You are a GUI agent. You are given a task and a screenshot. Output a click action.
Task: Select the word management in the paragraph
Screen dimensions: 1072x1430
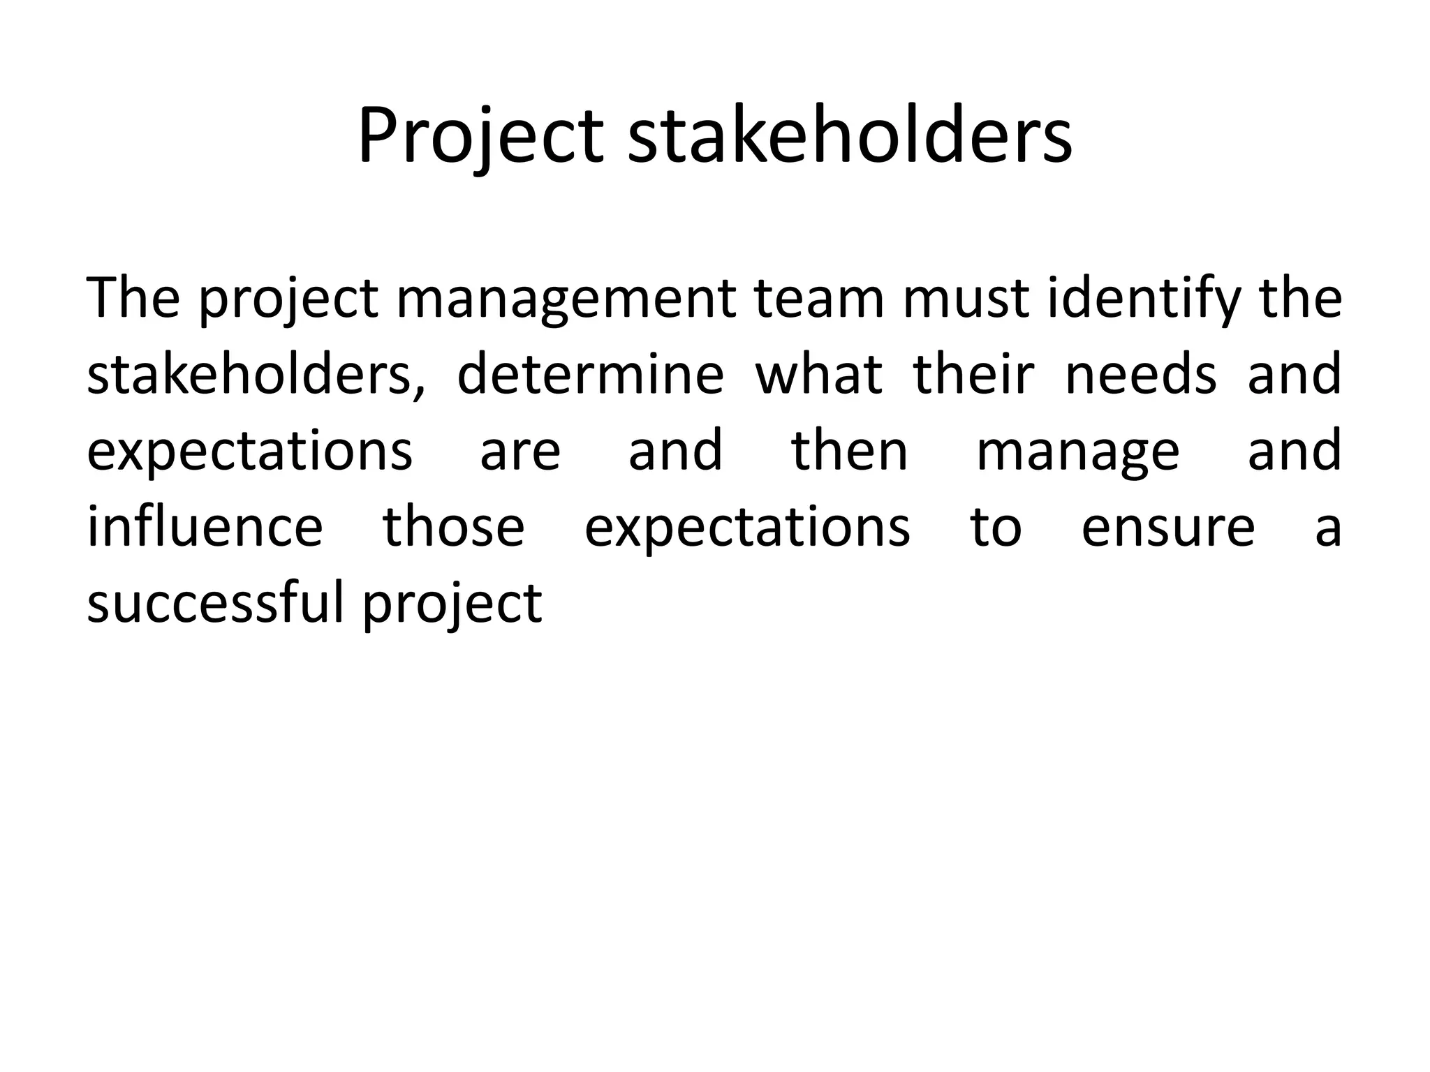566,299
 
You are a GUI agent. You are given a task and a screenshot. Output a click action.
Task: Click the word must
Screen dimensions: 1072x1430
966,299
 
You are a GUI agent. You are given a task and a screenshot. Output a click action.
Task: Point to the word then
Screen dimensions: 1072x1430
850,451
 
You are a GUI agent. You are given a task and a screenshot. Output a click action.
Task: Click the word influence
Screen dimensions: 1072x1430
205,527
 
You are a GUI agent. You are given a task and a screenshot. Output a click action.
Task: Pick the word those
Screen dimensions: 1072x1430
453,527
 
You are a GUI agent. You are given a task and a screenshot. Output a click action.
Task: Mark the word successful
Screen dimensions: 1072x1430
216,603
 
